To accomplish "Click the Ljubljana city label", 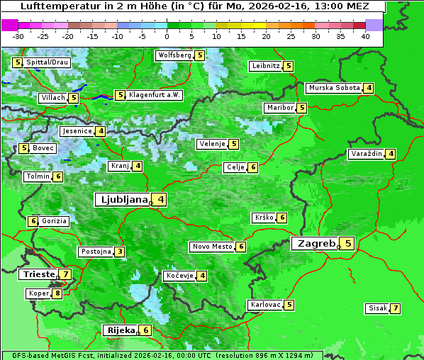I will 121,199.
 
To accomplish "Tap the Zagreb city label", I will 316,243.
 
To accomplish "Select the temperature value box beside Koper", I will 57,293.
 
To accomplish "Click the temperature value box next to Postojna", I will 120,252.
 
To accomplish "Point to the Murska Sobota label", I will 334,88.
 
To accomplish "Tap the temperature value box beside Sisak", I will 395,308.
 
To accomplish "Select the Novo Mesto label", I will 212,247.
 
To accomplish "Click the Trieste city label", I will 38,274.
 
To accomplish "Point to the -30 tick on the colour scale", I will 18,35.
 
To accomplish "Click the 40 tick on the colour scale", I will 365,35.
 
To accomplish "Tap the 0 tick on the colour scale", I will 167,35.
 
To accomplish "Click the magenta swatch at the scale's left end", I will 9,25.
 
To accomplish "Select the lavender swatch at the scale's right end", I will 374,25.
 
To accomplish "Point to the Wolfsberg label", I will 174,55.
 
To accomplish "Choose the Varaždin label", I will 366,154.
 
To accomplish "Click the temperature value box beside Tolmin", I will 57,176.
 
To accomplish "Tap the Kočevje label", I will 179,276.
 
